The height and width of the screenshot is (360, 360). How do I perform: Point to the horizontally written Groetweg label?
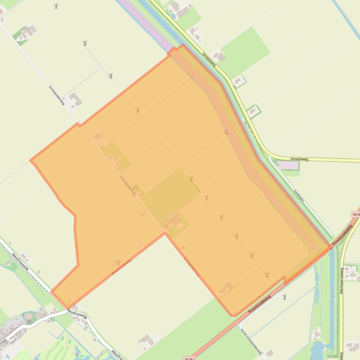pyautogui.click(x=299, y=159)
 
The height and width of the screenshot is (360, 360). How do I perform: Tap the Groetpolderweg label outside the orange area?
pyautogui.click(x=57, y=95)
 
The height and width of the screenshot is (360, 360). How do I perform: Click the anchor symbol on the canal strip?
pyautogui.click(x=227, y=132)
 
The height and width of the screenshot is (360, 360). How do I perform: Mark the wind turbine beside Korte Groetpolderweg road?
pyautogui.click(x=284, y=296)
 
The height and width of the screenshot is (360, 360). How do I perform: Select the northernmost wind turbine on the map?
pyautogui.click(x=56, y=6)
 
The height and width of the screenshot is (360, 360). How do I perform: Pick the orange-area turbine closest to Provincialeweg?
pyautogui.click(x=267, y=275)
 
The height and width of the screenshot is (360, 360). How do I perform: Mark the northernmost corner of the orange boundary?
pyautogui.click(x=183, y=45)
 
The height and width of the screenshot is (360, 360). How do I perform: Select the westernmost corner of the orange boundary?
pyautogui.click(x=31, y=161)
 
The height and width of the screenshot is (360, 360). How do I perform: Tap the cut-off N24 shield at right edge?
pyautogui.click(x=355, y=214)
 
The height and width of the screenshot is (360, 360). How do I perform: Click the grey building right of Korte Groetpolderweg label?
pyautogui.click(x=269, y=354)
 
